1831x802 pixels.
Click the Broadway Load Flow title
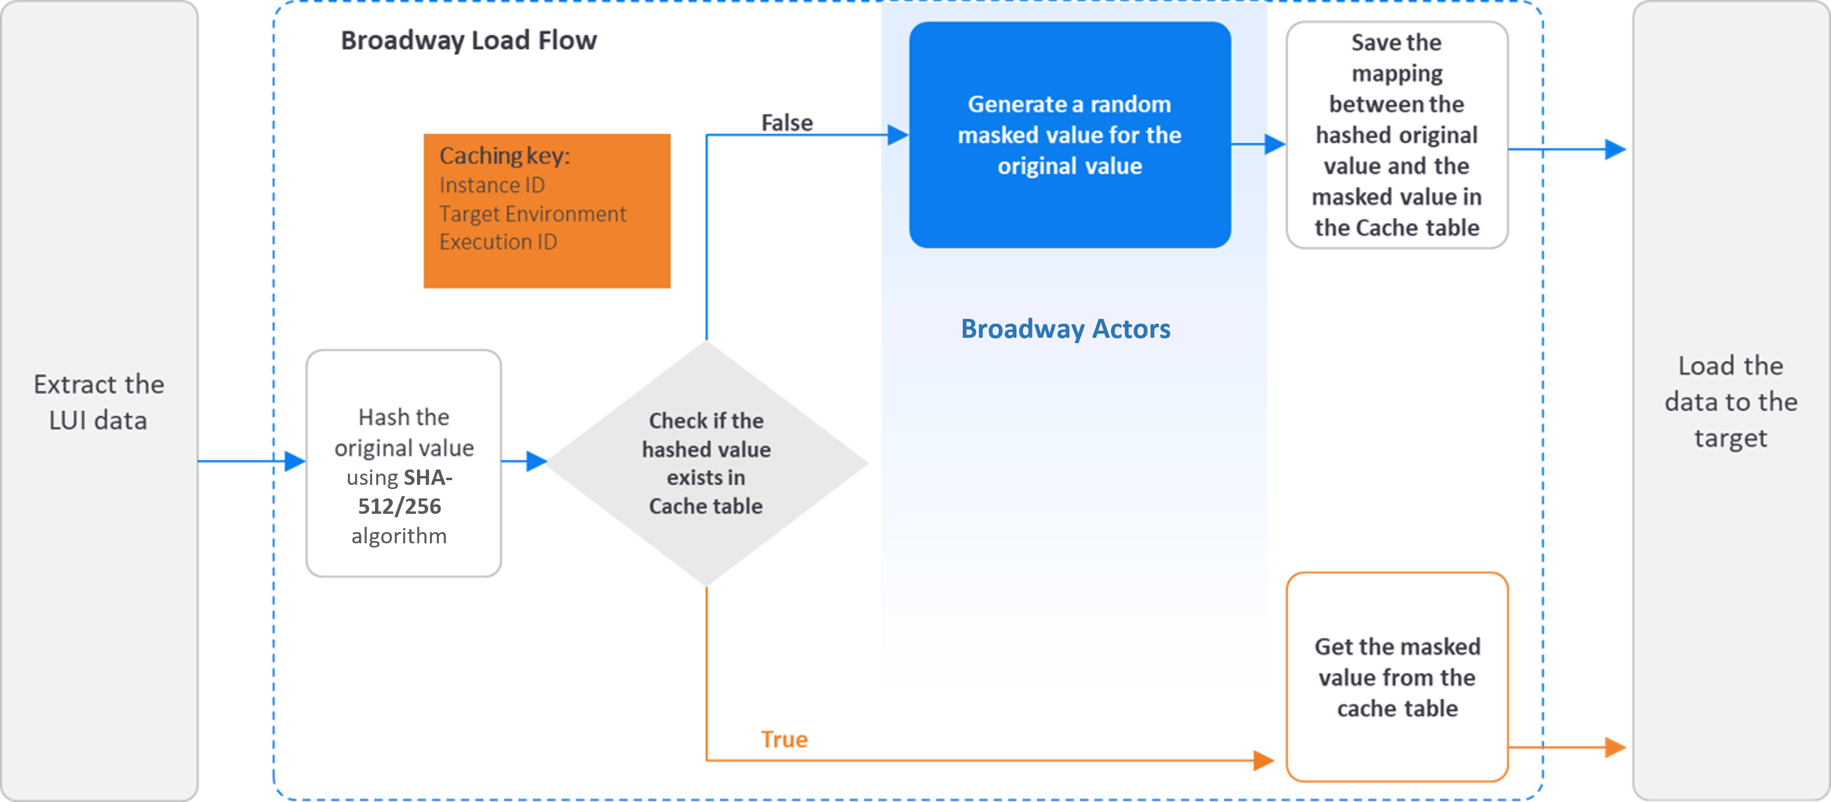pyautogui.click(x=468, y=41)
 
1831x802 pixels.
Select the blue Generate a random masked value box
pyautogui.click(x=1069, y=135)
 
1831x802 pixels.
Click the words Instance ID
pyautogui.click(x=492, y=185)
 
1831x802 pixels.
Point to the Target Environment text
pyautogui.click(x=532, y=213)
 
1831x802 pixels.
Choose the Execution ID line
pyautogui.click(x=497, y=242)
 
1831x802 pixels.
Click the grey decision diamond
pyautogui.click(x=706, y=463)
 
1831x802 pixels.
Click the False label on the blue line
pyautogui.click(x=786, y=122)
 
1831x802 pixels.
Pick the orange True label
pyautogui.click(x=784, y=739)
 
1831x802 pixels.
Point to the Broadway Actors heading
pyautogui.click(x=1065, y=328)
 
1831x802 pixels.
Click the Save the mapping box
pyautogui.click(x=1396, y=135)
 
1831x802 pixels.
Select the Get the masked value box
pyautogui.click(x=1396, y=677)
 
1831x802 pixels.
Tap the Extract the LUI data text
pyautogui.click(x=99, y=402)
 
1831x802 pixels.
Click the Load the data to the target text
pyautogui.click(x=1730, y=402)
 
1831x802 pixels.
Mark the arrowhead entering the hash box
pyautogui.click(x=295, y=461)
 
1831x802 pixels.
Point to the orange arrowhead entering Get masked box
pyautogui.click(x=1263, y=760)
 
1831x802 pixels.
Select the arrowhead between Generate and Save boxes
pyautogui.click(x=1275, y=144)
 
